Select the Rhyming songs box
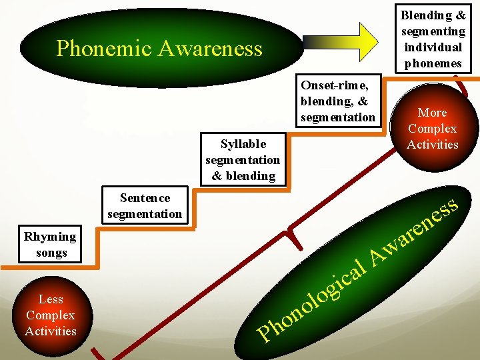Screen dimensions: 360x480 coord(51,244)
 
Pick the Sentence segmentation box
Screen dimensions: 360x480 coord(144,205)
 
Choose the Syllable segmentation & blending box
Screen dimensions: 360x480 coord(243,160)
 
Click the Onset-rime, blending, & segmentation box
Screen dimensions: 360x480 coord(338,101)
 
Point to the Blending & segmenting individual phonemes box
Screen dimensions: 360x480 coord(433,39)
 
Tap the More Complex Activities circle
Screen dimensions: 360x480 coord(433,128)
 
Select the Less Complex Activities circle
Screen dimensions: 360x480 coord(51,315)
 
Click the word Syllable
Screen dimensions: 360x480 coord(243,144)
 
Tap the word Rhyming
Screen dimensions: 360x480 coord(50,237)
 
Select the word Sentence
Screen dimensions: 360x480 coord(145,198)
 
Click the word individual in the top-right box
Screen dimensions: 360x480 coord(433,47)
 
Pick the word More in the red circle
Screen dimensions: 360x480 coord(433,113)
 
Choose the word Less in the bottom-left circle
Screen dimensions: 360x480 coord(51,299)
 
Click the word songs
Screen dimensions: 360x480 coord(51,253)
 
